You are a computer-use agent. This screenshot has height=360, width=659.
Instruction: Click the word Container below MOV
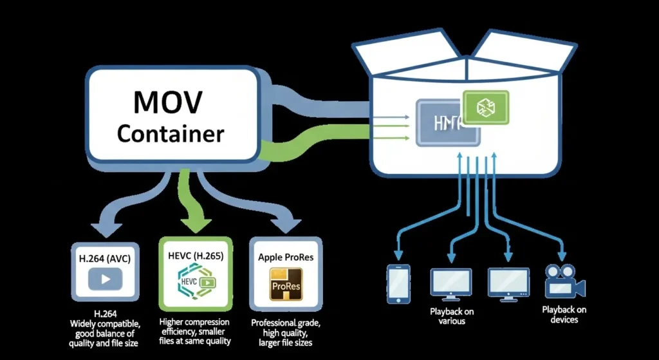coord(171,133)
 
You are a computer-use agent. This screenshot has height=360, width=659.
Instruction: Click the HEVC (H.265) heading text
coord(195,256)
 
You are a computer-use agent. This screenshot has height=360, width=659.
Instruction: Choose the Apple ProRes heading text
coord(285,257)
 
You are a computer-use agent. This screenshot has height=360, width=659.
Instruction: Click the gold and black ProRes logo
coord(285,285)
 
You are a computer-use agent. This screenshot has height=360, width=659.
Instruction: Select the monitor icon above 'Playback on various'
coord(450,283)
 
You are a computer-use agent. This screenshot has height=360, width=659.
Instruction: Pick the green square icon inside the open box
coord(486,107)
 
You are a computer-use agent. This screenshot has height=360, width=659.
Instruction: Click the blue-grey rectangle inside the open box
coord(448,122)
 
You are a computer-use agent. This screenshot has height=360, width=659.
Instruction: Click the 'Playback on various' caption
coord(451,316)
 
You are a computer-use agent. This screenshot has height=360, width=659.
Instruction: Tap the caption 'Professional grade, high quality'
coord(285,328)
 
